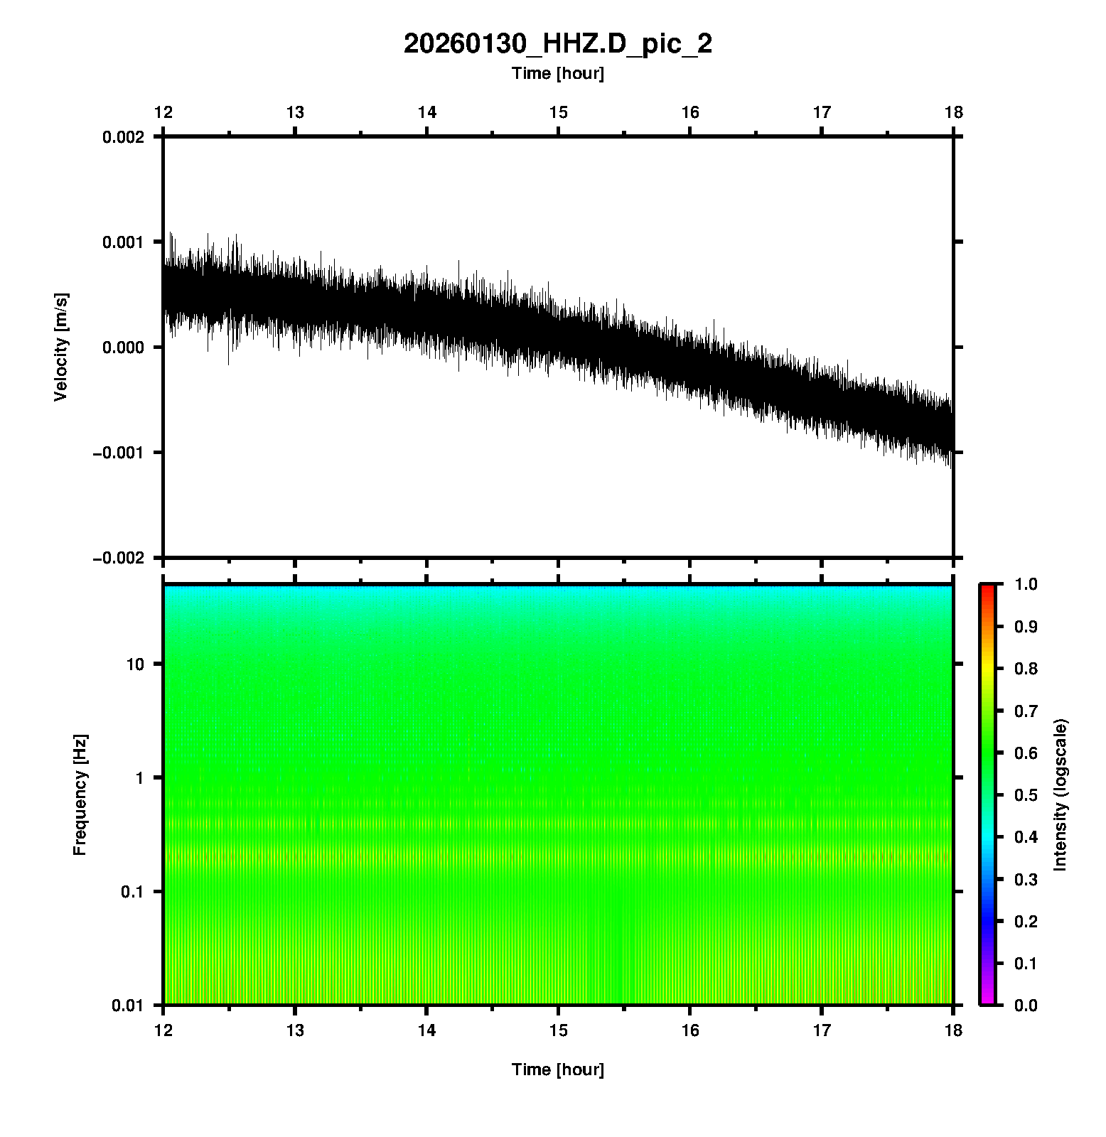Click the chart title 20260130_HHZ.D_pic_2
pos(557,44)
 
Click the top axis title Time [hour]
pos(557,73)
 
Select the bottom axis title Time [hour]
pos(557,1069)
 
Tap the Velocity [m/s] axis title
pos(61,347)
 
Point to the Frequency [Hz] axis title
pos(80,795)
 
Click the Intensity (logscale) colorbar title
pos(1061,794)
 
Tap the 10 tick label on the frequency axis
pos(134,664)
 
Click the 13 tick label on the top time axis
pos(295,112)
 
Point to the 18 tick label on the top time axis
pos(953,112)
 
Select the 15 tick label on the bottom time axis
pos(558,1030)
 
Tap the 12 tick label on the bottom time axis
pos(163,1030)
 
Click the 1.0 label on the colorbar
pos(1027,584)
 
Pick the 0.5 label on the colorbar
pos(1027,794)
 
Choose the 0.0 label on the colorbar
pos(1027,1005)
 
